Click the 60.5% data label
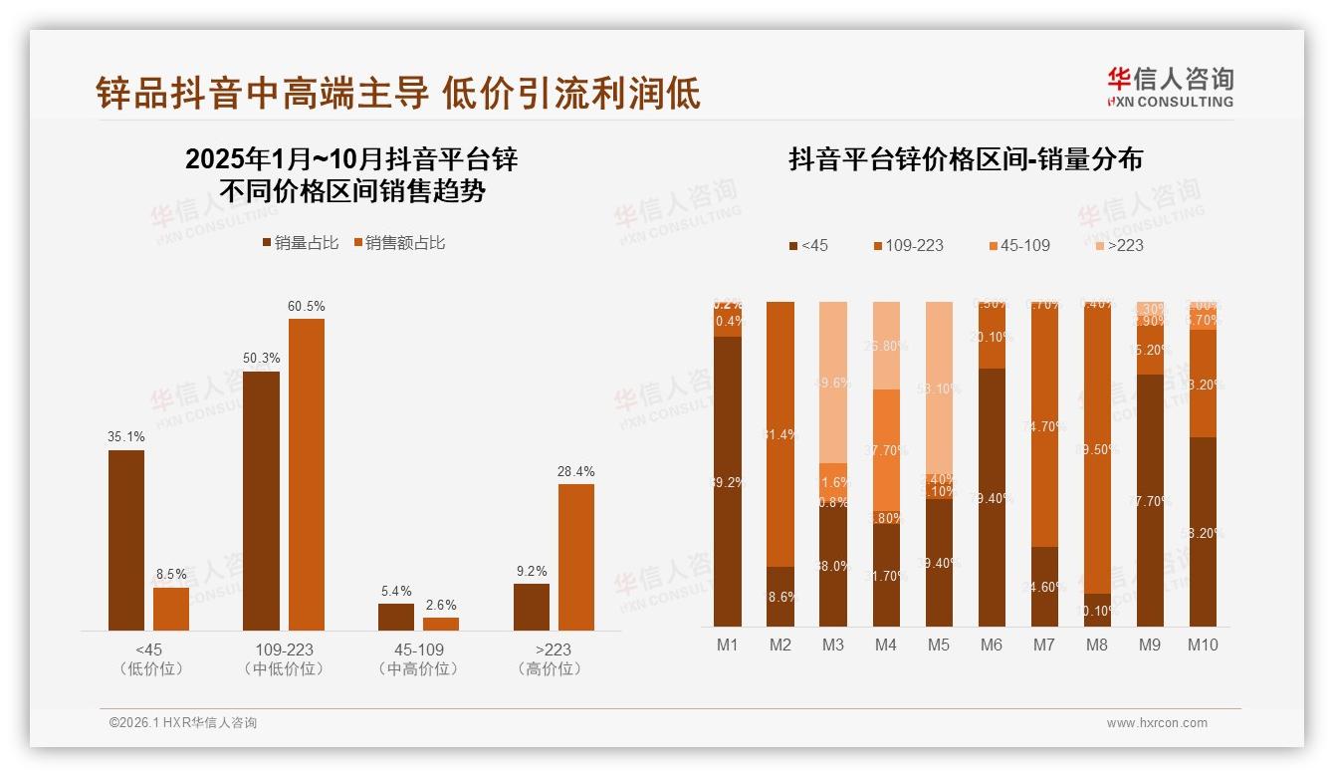[307, 306]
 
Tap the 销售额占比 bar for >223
[576, 557]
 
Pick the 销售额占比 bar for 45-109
[441, 624]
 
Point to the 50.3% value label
[261, 359]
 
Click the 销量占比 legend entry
[301, 243]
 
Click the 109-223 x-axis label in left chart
[284, 649]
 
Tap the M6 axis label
[992, 645]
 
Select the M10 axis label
[1203, 645]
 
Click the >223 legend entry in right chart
[1119, 245]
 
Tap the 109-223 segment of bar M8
[1097, 447]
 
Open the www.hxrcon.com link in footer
[1157, 723]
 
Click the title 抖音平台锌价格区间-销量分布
[966, 159]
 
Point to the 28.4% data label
[576, 471]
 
